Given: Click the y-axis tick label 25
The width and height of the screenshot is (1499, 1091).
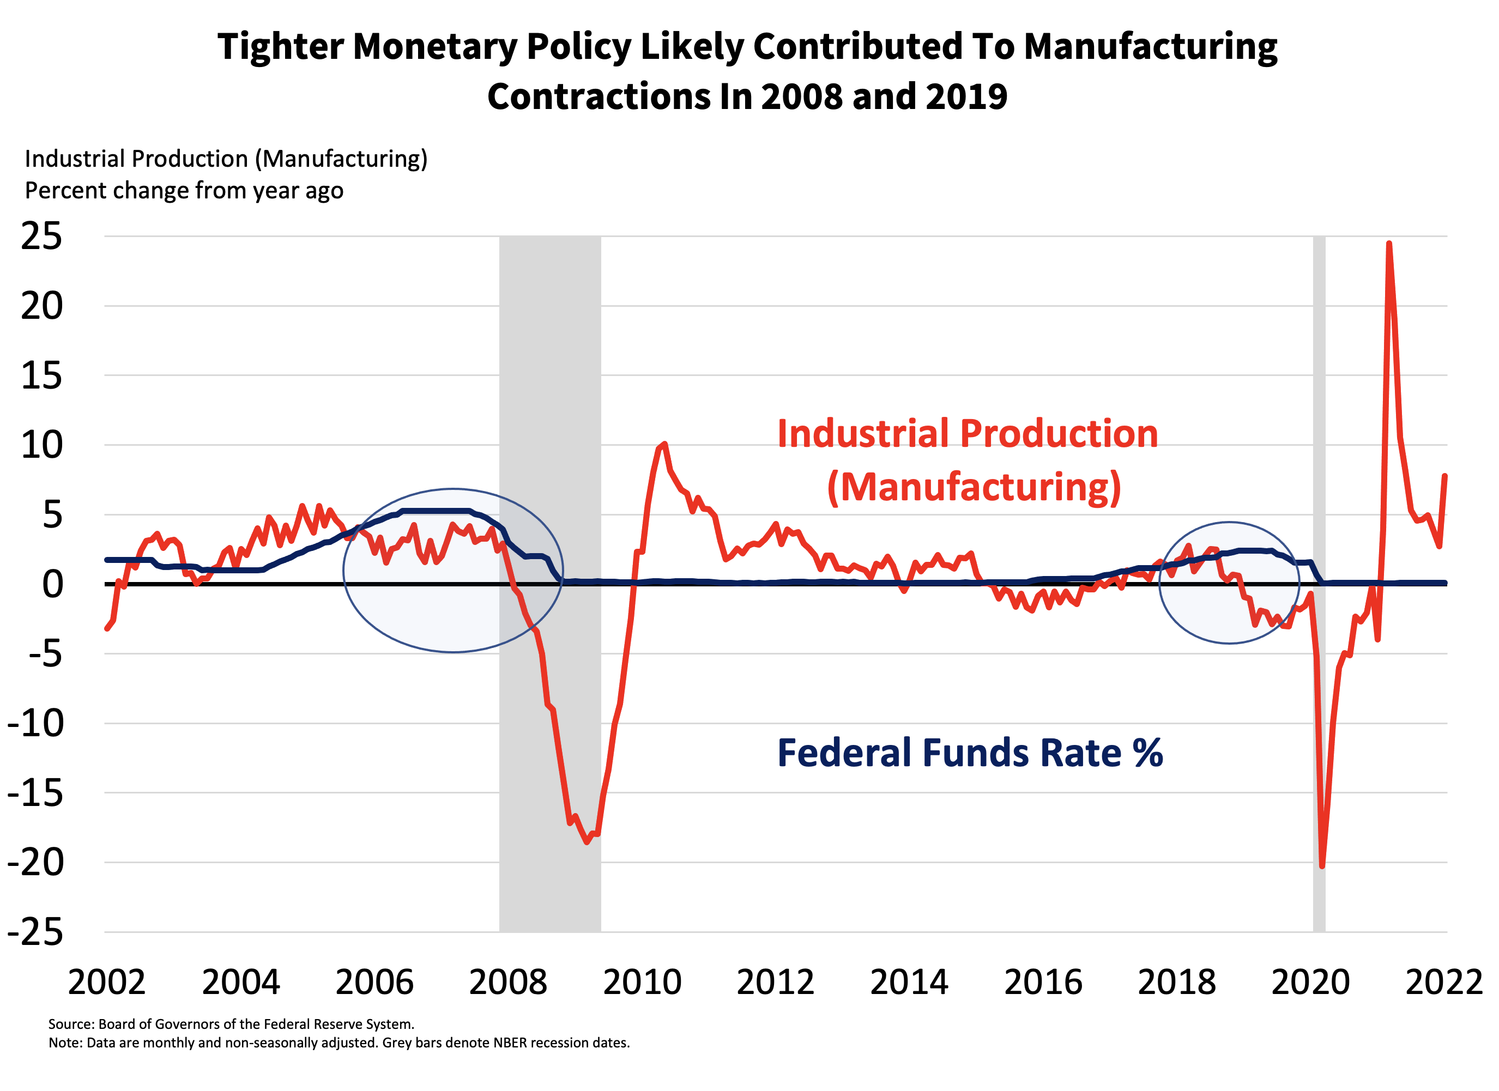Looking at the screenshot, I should (x=41, y=237).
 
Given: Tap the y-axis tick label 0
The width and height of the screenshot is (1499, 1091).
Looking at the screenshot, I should (x=53, y=585).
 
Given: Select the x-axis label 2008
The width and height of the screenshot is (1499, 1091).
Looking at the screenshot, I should (x=507, y=983).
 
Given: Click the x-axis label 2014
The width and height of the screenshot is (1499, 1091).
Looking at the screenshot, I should (x=909, y=983).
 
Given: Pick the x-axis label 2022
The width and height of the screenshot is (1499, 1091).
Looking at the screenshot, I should (x=1444, y=983).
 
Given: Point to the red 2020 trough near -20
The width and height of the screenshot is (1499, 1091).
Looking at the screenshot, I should (x=1322, y=866).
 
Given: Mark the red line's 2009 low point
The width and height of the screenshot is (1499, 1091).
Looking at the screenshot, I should (x=587, y=842).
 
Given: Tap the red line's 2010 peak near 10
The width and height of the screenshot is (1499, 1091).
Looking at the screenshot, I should (x=664, y=444).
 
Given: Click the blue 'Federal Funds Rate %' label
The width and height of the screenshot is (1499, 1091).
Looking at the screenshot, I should (x=970, y=753).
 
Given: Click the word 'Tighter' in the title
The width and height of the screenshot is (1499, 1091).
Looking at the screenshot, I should (x=280, y=47).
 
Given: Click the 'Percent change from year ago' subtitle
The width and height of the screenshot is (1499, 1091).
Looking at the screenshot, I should (x=184, y=191).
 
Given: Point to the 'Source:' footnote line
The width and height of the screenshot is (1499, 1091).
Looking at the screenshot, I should (x=231, y=1025).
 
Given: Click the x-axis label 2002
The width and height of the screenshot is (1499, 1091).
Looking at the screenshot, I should (x=106, y=983).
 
